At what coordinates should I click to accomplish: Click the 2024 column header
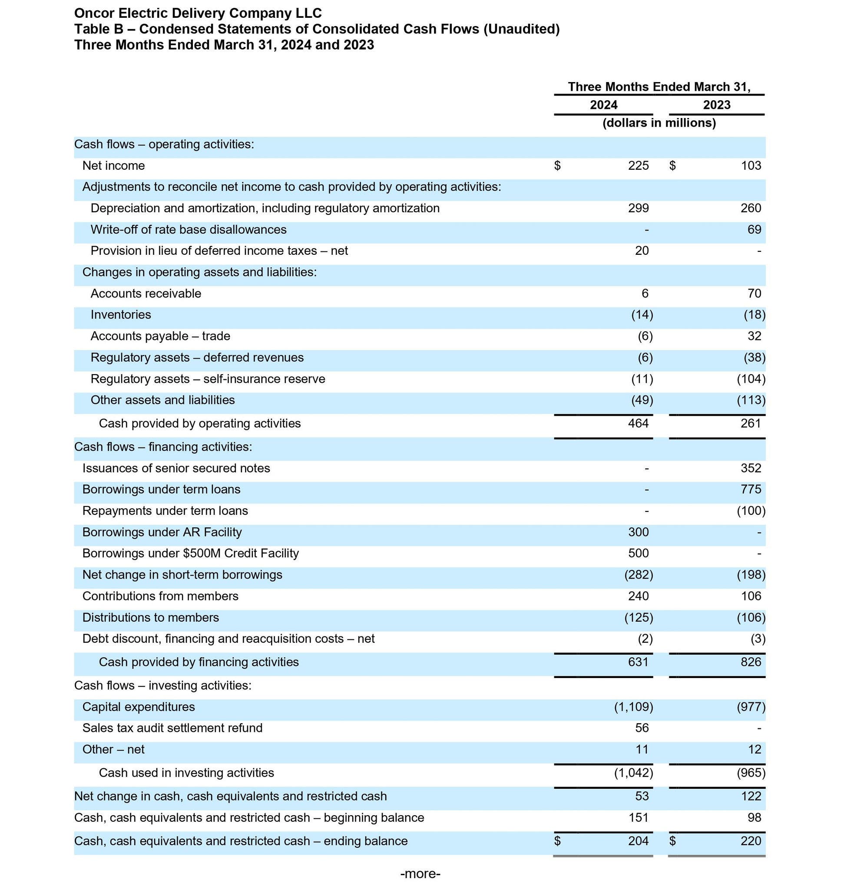pyautogui.click(x=603, y=105)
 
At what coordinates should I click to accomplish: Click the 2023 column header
pyautogui.click(x=716, y=105)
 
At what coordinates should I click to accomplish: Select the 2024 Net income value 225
pyautogui.click(x=638, y=166)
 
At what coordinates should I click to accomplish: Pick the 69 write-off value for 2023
pyautogui.click(x=754, y=230)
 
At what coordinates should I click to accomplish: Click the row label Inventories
pyautogui.click(x=121, y=315)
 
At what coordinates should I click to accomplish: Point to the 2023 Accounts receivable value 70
pyautogui.click(x=754, y=294)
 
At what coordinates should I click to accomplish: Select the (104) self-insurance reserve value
pyautogui.click(x=751, y=379)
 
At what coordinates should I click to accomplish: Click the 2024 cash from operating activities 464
pyautogui.click(x=638, y=424)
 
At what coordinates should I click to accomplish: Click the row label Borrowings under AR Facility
pyautogui.click(x=162, y=533)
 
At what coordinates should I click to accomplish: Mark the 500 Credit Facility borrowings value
pyautogui.click(x=638, y=553)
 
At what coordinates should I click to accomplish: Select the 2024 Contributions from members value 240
pyautogui.click(x=638, y=596)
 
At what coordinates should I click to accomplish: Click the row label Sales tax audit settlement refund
pyautogui.click(x=172, y=728)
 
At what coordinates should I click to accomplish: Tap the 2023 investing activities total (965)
pyautogui.click(x=751, y=773)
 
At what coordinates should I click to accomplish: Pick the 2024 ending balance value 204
pyautogui.click(x=638, y=841)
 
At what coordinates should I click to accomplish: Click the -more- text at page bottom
pyautogui.click(x=420, y=874)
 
